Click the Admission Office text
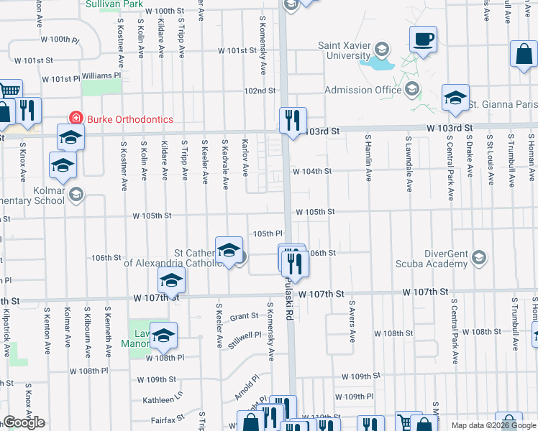click(x=363, y=90)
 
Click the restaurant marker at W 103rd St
click(x=293, y=120)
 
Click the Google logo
click(x=24, y=422)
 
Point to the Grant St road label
click(x=244, y=316)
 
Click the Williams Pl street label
click(x=101, y=75)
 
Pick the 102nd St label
click(x=260, y=91)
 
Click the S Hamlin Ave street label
click(x=368, y=157)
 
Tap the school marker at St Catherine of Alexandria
click(x=229, y=250)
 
